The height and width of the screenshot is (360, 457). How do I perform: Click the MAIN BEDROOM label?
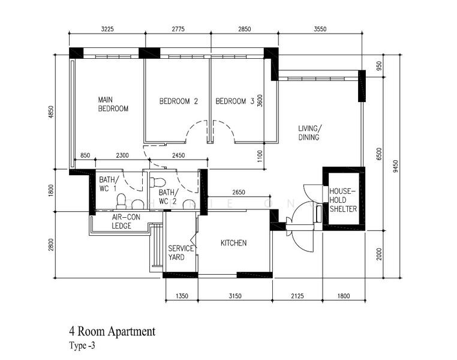113,104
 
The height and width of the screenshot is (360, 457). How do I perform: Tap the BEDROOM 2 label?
178,101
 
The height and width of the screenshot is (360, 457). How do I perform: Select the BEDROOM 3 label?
234,101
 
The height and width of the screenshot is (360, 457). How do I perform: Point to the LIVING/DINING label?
309,133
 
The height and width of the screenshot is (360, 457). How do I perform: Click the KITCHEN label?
234,243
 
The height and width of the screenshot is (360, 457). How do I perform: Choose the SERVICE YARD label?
181,253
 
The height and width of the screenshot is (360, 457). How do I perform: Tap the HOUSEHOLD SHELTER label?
343,200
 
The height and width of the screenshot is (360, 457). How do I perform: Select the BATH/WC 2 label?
168,196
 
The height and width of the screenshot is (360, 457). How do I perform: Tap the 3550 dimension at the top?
320,28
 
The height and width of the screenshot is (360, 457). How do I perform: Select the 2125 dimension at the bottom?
297,295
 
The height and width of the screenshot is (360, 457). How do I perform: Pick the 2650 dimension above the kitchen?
237,192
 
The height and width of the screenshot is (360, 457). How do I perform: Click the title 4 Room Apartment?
112,331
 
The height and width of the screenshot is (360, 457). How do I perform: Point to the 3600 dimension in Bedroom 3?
260,100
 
